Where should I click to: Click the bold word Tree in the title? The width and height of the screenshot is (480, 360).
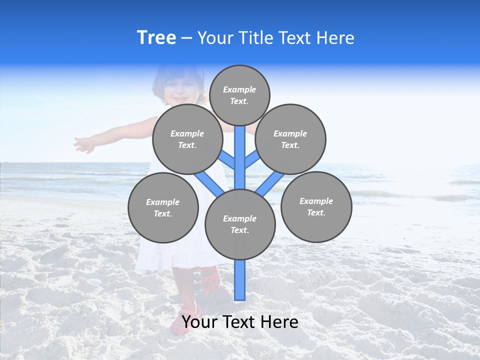[156, 38]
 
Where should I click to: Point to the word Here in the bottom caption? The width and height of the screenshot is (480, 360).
[279, 322]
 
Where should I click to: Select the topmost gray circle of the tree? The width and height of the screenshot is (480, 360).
[239, 95]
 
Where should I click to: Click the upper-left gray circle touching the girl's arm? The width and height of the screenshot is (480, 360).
[187, 139]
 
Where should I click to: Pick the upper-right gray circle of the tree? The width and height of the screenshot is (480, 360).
[290, 139]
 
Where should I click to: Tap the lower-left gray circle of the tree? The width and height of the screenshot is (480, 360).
[163, 207]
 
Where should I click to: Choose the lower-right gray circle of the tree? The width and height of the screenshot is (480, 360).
[316, 206]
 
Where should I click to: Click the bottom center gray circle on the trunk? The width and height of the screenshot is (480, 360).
[240, 224]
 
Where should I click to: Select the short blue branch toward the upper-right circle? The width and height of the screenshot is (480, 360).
[251, 160]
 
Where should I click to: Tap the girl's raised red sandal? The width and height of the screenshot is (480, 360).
[210, 280]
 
